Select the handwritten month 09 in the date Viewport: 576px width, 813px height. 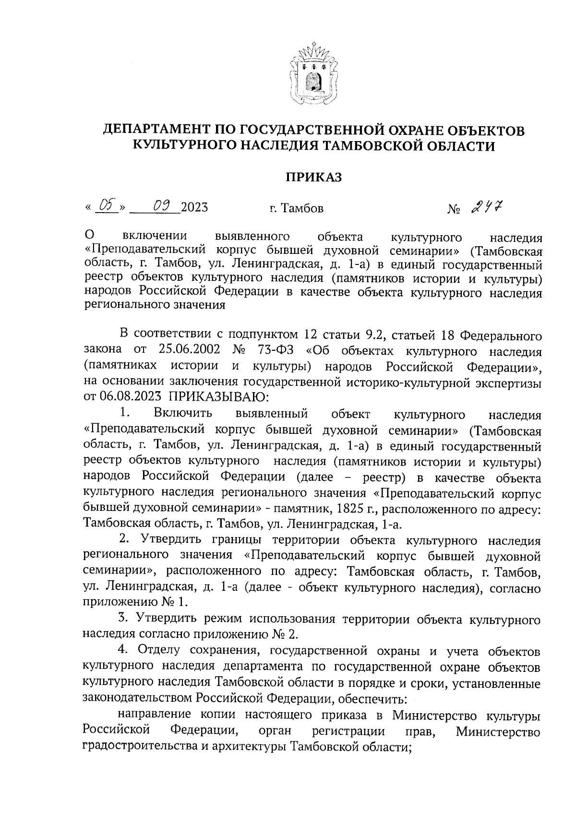click(x=156, y=207)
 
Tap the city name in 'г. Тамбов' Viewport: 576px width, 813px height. click(x=302, y=208)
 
